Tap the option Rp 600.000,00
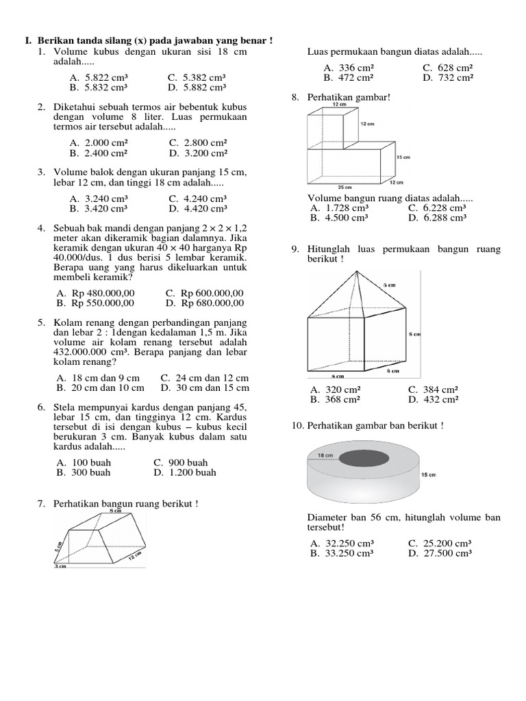click(205, 292)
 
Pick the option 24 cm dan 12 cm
click(205, 378)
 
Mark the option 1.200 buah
click(185, 472)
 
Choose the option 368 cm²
click(336, 400)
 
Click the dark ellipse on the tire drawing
click(363, 457)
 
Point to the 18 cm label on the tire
click(325, 455)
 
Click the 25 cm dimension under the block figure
click(345, 187)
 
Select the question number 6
click(41, 407)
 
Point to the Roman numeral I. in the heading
click(29, 42)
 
